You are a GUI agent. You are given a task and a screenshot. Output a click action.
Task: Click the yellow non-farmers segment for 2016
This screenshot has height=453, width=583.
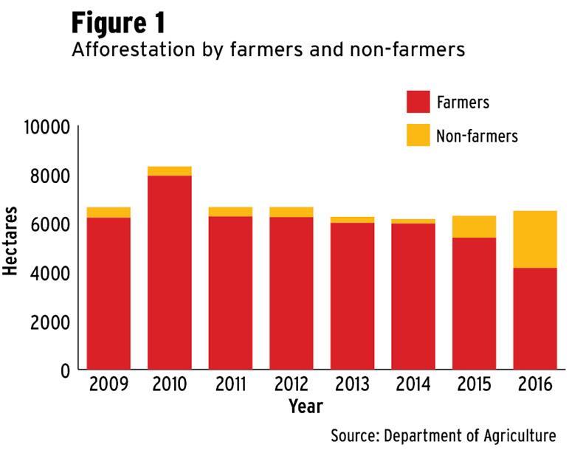click(x=534, y=239)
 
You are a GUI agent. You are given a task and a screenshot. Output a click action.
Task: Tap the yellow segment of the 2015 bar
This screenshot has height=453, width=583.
click(x=474, y=226)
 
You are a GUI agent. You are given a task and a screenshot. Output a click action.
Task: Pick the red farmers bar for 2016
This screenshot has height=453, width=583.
click(x=534, y=318)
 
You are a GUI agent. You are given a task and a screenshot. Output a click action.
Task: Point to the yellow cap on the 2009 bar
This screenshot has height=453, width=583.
click(x=108, y=212)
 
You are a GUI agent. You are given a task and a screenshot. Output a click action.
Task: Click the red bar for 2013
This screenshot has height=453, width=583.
click(x=352, y=295)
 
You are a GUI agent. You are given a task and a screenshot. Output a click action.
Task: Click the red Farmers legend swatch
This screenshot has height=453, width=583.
click(x=418, y=102)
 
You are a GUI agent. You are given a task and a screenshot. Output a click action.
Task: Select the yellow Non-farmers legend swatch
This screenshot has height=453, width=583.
click(x=418, y=135)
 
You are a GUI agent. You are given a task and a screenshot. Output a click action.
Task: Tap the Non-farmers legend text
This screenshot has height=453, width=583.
click(x=477, y=136)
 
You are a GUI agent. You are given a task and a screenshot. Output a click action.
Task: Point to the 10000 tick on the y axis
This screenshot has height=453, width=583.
click(x=46, y=128)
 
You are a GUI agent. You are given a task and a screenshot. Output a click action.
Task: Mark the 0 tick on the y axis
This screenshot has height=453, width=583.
click(x=64, y=370)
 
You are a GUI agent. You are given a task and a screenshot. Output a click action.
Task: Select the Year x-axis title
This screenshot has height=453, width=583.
click(x=306, y=406)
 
